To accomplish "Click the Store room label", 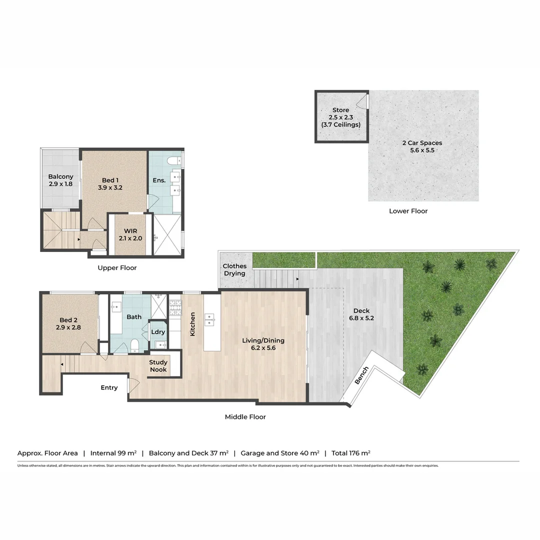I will click(340, 110).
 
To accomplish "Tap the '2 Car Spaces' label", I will click(422, 143).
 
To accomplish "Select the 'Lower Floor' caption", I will click(408, 211).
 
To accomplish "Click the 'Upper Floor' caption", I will click(117, 268).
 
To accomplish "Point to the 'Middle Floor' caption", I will click(245, 416).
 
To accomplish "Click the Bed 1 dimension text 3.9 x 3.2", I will click(110, 188).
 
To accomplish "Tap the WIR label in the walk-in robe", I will click(130, 231).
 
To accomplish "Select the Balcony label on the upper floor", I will click(60, 176).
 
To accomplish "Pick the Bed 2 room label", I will click(69, 320).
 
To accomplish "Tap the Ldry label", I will click(158, 332).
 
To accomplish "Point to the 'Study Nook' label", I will click(158, 366).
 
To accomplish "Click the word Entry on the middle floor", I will click(109, 387).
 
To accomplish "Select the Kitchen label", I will click(192, 323).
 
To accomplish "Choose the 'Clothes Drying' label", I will click(234, 270).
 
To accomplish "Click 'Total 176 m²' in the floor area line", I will click(350, 453).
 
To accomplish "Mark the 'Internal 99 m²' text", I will click(113, 453).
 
